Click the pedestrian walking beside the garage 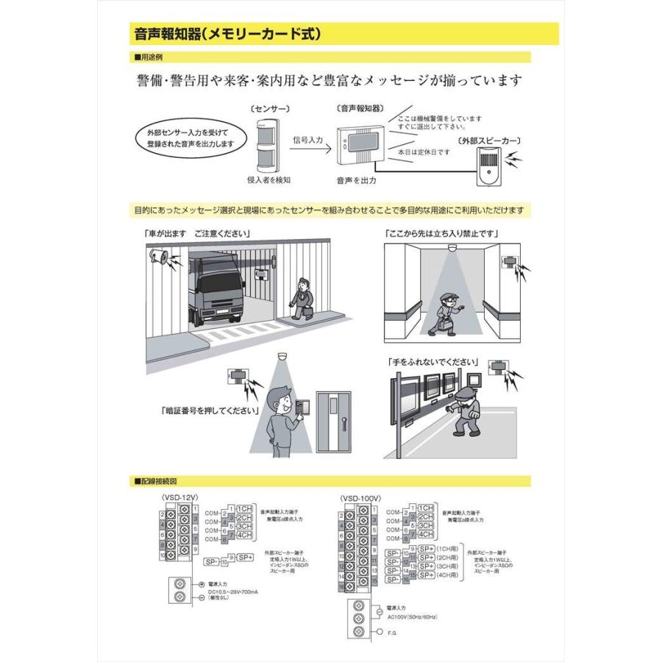[302, 297]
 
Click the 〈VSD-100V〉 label [360, 498]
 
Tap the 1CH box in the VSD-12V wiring [244, 508]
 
